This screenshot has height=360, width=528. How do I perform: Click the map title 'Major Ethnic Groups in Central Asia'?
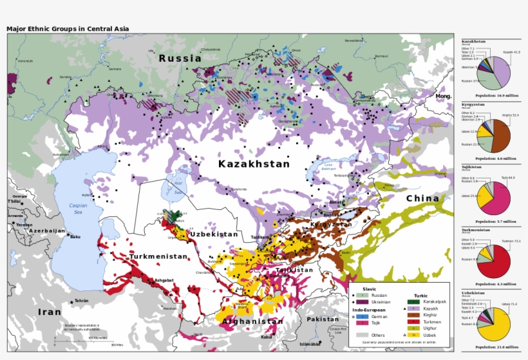point(68,28)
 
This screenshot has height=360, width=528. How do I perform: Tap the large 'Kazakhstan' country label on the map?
point(254,164)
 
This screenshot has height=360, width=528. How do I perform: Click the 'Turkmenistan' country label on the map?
point(158,256)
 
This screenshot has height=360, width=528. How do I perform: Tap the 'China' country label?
point(422,198)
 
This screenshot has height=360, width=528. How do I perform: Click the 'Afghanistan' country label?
point(252,321)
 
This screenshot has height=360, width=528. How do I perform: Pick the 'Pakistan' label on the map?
point(322,319)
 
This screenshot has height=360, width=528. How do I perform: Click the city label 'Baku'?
point(76,237)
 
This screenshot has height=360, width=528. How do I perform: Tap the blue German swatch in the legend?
point(361,317)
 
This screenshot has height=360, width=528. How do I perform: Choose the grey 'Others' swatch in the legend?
point(361,335)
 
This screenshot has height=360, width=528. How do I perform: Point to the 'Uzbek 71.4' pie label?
point(509,304)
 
